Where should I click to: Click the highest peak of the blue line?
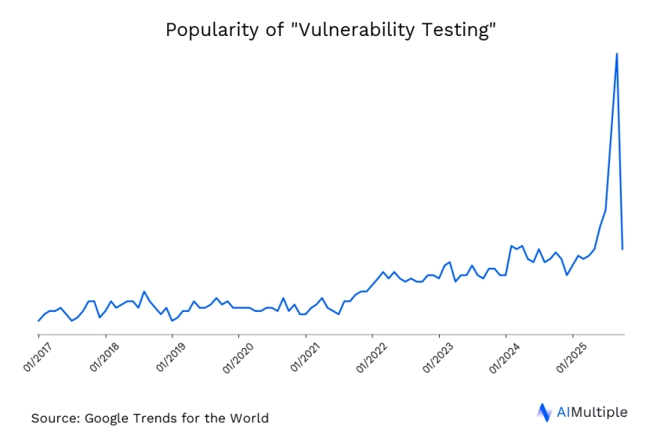point(617,53)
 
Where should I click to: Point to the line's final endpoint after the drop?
point(622,249)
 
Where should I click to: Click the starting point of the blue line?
point(38,321)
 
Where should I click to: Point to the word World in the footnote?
point(247,418)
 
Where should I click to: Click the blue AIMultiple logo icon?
point(544,412)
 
